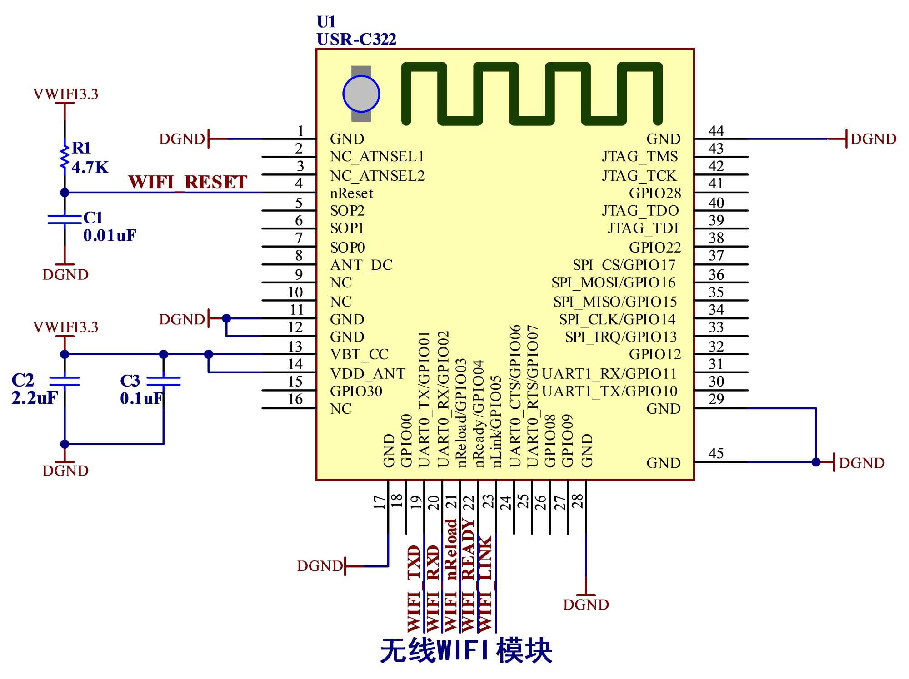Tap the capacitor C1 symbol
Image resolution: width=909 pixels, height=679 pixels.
click(x=65, y=220)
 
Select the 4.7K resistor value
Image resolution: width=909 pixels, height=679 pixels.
click(x=90, y=168)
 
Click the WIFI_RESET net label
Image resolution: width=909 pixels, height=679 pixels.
click(x=188, y=182)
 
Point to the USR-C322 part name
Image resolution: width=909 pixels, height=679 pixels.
click(x=356, y=40)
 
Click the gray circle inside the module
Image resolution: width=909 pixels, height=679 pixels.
click(x=361, y=94)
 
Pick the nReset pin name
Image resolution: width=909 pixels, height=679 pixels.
click(x=351, y=193)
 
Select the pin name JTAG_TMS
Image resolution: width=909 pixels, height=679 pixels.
click(x=640, y=157)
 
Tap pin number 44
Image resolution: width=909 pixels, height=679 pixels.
click(x=716, y=131)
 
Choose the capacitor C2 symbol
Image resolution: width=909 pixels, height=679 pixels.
click(x=65, y=381)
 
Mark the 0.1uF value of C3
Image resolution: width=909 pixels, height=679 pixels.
click(x=141, y=399)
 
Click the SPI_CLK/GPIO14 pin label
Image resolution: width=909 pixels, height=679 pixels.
click(x=617, y=320)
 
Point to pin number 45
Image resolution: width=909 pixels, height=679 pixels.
click(x=716, y=453)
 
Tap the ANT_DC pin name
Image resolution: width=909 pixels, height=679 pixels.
click(x=361, y=265)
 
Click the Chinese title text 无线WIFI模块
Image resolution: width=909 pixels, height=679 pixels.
click(x=466, y=651)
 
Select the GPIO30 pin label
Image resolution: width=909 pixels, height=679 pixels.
click(x=356, y=391)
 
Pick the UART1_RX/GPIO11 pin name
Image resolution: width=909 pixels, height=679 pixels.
click(x=609, y=374)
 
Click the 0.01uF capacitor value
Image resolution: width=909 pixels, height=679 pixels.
click(x=110, y=236)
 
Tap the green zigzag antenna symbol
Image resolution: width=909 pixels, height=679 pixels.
click(x=532, y=94)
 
